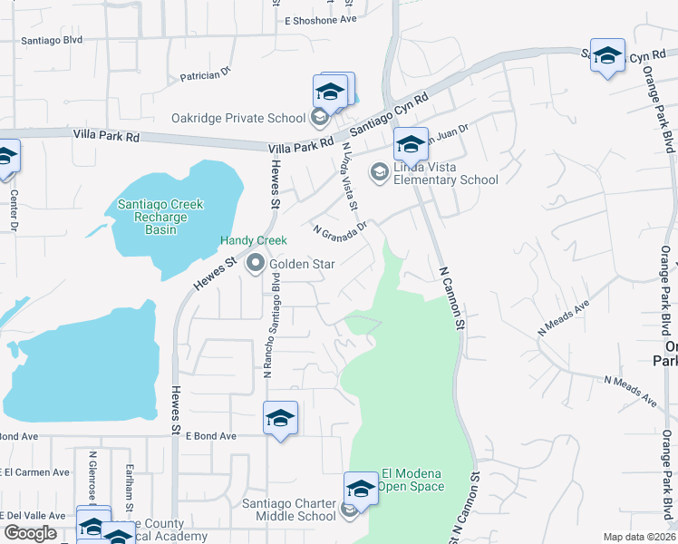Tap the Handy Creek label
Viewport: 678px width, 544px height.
click(255, 240)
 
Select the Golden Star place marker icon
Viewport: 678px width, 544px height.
click(256, 264)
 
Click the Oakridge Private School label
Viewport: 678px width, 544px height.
click(238, 118)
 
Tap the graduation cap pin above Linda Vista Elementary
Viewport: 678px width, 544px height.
click(411, 145)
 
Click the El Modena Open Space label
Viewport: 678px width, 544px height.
click(412, 480)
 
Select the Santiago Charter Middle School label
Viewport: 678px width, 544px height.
click(289, 510)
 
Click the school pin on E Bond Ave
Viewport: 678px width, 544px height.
click(281, 419)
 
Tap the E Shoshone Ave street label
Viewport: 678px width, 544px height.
click(321, 20)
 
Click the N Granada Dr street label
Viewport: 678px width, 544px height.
click(340, 230)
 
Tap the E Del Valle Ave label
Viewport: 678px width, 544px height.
click(34, 515)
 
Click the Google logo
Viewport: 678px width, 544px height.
click(30, 533)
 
